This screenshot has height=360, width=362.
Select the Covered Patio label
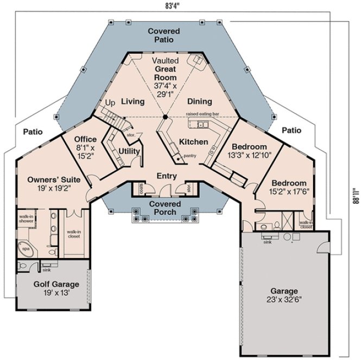164,36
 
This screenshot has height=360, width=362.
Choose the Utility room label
130,151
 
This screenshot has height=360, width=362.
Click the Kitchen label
193,142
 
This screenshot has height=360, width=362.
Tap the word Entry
167,176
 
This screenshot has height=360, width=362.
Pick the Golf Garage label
49,288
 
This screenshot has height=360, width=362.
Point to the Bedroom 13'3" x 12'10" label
249,151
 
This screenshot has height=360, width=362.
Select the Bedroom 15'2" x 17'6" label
289,187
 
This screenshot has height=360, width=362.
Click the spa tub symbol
26,249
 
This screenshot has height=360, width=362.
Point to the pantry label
190,156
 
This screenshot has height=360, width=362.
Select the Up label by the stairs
110,102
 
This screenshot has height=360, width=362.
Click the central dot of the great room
165,117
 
